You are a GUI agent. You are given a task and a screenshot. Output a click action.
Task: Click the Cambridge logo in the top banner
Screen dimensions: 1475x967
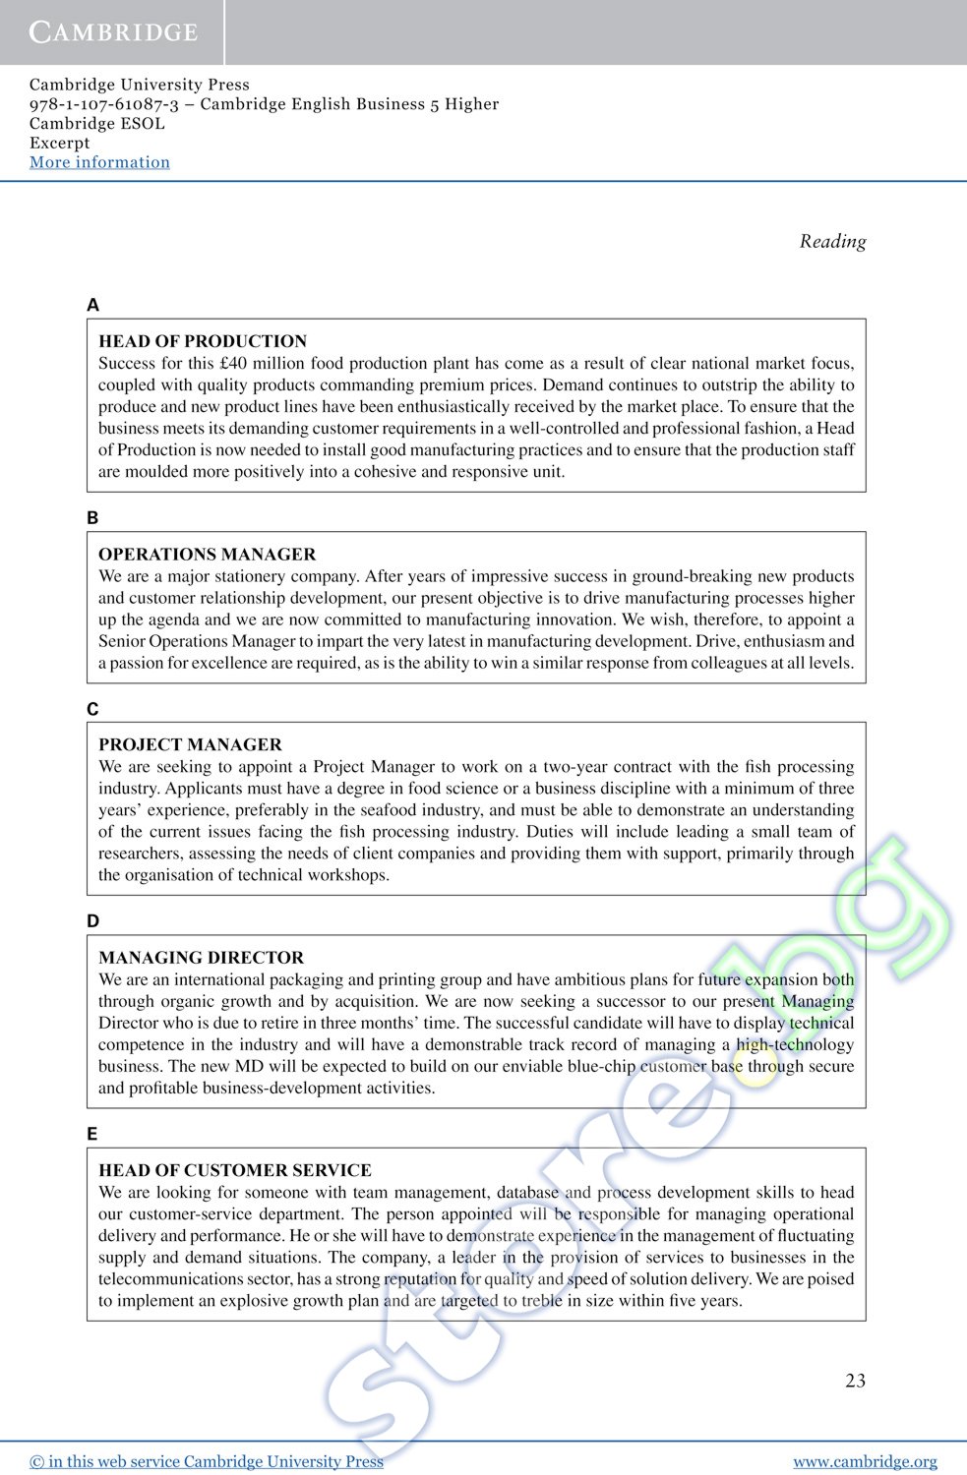(x=113, y=31)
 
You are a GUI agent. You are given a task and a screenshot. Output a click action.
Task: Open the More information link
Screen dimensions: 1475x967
(x=99, y=162)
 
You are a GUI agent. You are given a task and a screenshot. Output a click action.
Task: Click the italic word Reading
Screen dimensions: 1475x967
(x=832, y=241)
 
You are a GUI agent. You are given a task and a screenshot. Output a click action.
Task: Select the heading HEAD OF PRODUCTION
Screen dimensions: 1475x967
(x=203, y=341)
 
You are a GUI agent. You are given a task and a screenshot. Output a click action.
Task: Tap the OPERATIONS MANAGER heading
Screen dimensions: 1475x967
(x=207, y=554)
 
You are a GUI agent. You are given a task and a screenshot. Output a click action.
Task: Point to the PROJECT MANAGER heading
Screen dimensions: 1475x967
(x=190, y=744)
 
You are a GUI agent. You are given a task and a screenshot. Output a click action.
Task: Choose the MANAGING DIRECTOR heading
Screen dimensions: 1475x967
(x=201, y=957)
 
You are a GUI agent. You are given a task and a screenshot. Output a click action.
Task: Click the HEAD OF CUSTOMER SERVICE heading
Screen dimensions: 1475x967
(x=234, y=1170)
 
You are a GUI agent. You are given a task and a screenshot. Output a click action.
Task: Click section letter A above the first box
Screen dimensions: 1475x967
(x=92, y=305)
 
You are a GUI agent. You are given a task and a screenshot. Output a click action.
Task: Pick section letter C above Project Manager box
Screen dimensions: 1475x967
(x=92, y=709)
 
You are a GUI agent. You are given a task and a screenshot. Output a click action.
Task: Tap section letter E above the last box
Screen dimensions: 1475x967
(x=92, y=1134)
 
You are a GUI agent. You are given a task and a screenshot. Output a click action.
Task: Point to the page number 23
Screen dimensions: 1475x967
(x=855, y=1381)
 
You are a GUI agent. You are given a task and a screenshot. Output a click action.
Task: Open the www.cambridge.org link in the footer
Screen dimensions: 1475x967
(x=865, y=1461)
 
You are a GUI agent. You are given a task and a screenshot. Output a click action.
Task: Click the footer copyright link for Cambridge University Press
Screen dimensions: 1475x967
(x=207, y=1461)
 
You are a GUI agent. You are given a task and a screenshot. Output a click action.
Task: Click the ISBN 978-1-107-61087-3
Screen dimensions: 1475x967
(x=104, y=104)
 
